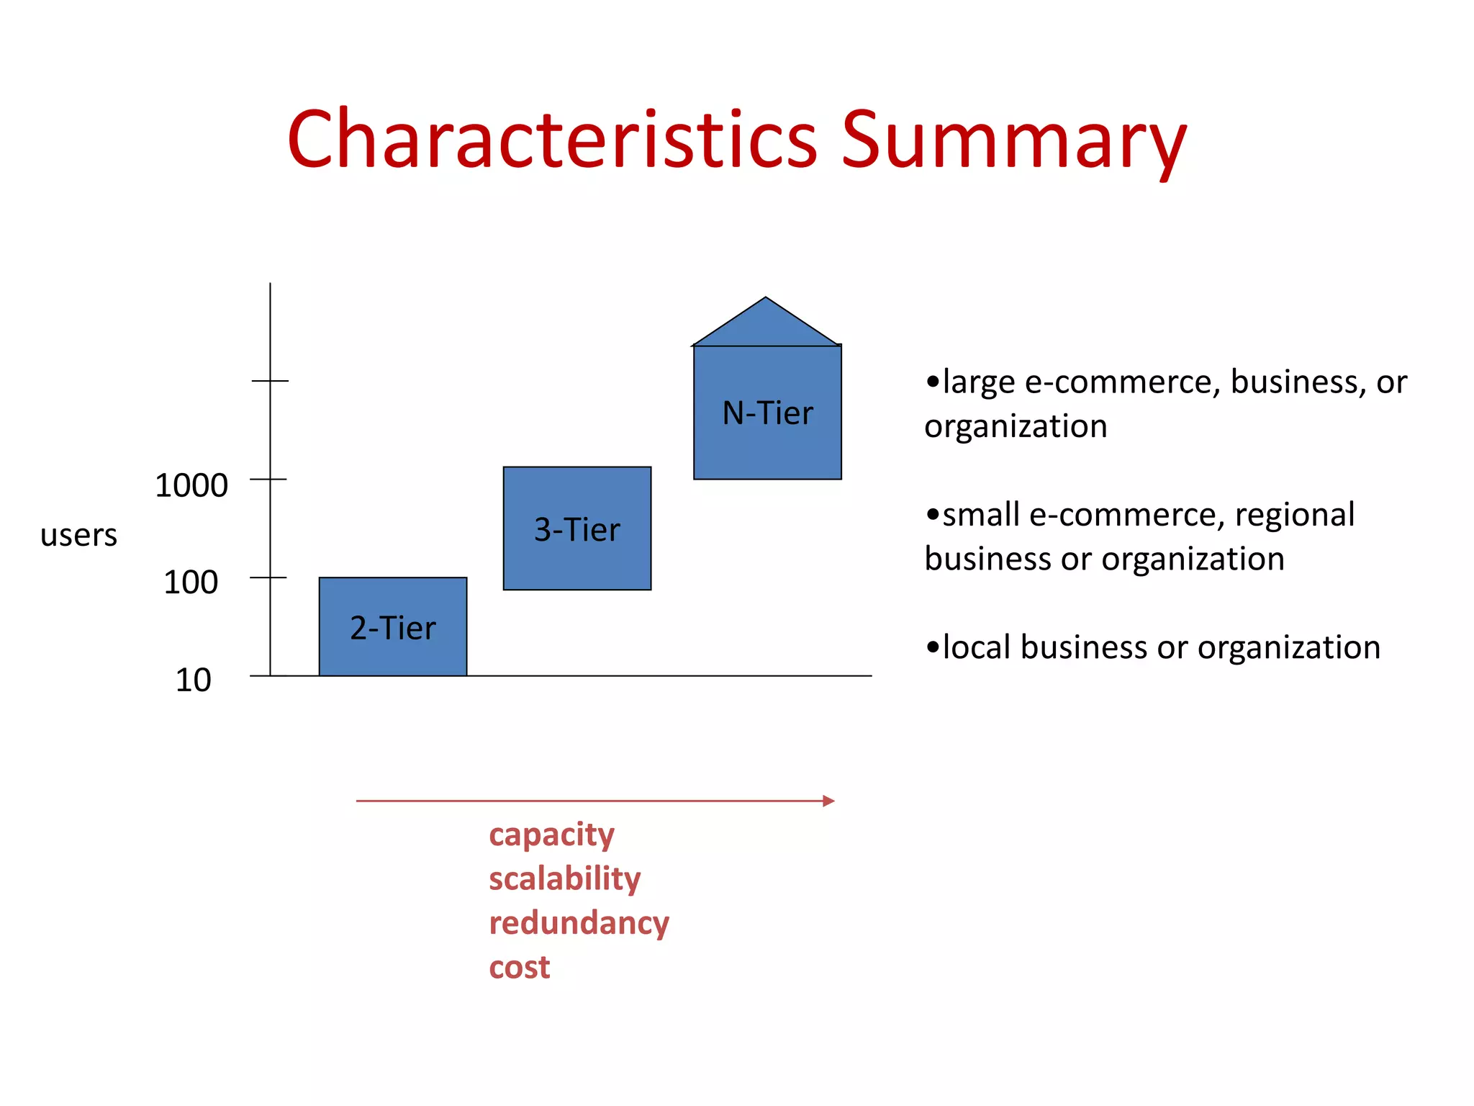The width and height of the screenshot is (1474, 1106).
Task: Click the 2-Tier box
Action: [393, 626]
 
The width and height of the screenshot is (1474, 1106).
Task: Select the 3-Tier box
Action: [577, 529]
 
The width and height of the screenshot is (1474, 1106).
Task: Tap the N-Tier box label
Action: [767, 413]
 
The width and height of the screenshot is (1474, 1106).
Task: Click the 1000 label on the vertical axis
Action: [191, 485]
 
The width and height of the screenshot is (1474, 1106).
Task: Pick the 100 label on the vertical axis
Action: [191, 582]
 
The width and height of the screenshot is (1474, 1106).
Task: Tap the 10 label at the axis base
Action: [193, 680]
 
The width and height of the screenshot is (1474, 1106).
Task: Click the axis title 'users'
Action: [78, 535]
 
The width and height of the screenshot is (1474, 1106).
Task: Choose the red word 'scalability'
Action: [564, 879]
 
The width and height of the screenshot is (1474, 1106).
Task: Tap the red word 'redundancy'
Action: [579, 923]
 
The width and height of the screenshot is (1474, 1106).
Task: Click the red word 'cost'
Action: [519, 967]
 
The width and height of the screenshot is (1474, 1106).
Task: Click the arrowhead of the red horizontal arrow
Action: [828, 801]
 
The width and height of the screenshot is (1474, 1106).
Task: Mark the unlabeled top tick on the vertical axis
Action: [270, 380]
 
